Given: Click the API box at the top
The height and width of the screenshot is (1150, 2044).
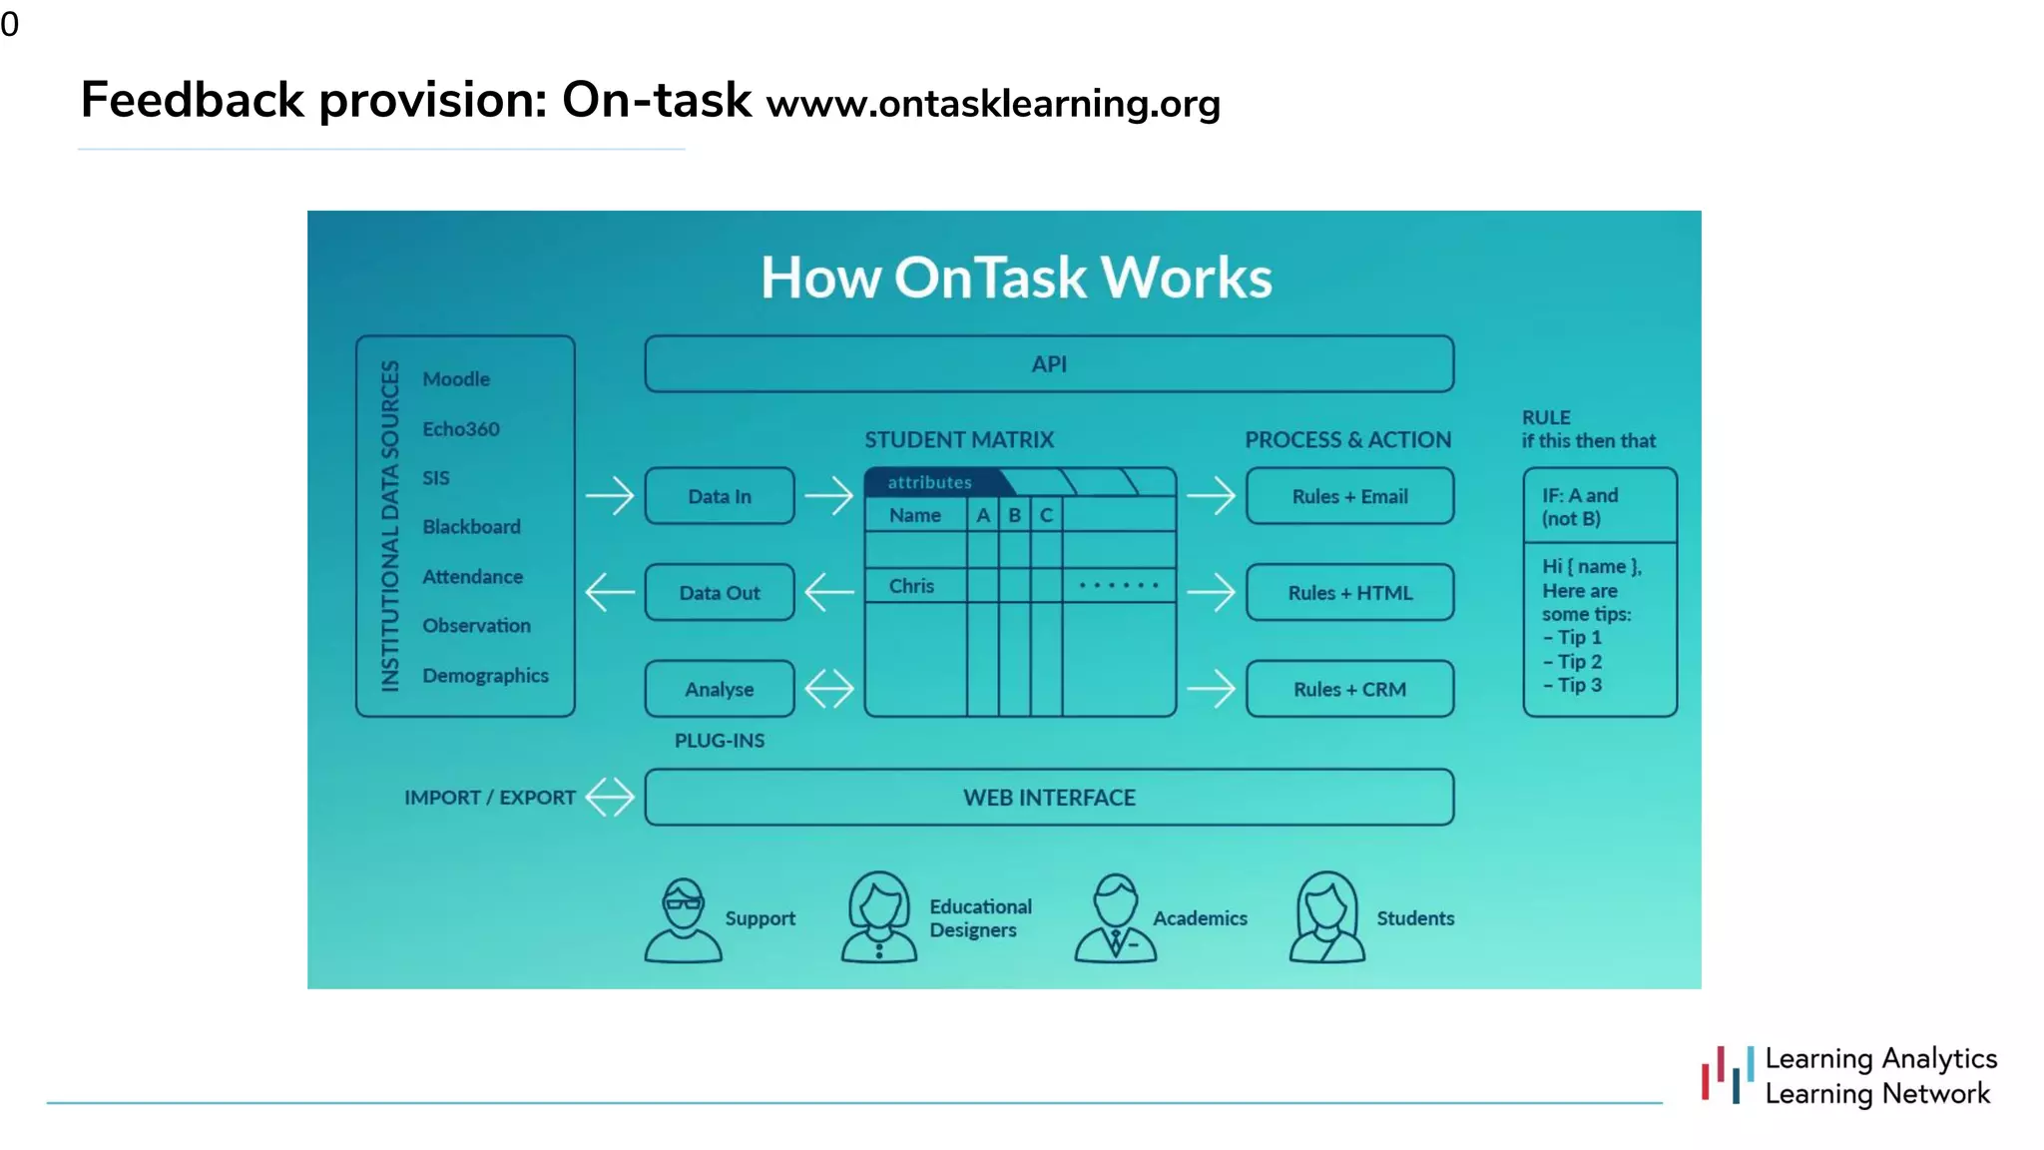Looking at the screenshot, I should point(1049,364).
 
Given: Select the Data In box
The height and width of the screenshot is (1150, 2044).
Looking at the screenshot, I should point(720,496).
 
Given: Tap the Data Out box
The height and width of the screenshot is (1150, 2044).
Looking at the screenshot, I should point(720,593).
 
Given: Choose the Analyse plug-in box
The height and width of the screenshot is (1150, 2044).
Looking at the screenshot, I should point(720,689).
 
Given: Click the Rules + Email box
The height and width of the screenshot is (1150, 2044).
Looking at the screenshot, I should point(1349,496).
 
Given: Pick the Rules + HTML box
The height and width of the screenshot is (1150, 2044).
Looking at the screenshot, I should point(1349,593).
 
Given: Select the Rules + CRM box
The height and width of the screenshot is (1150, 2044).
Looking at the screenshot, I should point(1349,689).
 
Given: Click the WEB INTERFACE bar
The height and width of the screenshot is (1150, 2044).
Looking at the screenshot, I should point(1049,798).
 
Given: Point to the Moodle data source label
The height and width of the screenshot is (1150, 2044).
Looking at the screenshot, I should point(456,379).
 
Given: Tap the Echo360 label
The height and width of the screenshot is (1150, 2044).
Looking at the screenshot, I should point(460,429).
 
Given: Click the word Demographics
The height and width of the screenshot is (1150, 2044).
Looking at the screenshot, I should point(485,676).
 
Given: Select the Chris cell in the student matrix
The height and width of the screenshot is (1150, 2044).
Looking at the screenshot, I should point(912,586).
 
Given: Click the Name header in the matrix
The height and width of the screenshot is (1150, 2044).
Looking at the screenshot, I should point(915,515).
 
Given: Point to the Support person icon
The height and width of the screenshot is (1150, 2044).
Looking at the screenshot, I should point(683,919).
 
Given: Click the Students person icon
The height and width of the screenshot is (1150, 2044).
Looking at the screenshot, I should point(1326,917).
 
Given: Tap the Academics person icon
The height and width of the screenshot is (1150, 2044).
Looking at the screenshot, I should point(1115,918).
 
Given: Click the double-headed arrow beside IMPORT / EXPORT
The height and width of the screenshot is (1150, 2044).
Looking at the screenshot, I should point(610,798).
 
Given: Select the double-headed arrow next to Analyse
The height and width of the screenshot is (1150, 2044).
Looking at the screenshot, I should point(829,689).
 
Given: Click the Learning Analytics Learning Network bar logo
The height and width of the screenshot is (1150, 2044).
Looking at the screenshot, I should point(1728,1075).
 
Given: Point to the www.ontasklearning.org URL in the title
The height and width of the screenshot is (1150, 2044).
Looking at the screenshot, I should point(993,104).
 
